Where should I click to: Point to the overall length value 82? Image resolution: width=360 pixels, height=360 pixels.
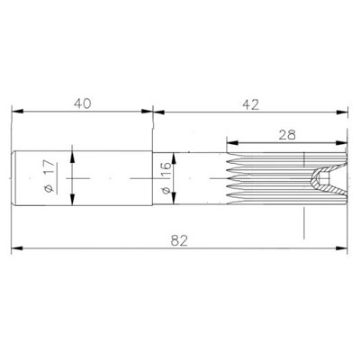tap(180, 241)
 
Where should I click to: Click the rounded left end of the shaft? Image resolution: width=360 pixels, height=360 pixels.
tap(16, 178)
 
